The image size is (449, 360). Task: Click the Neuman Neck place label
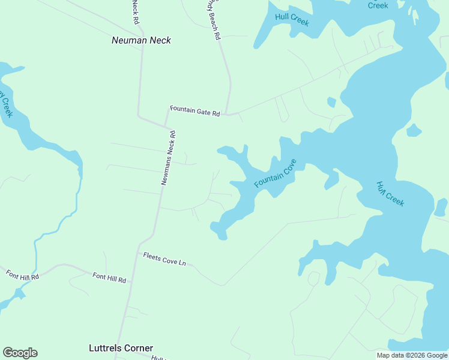pyautogui.click(x=141, y=40)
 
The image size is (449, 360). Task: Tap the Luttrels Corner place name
pyautogui.click(x=121, y=347)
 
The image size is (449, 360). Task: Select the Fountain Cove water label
pyautogui.click(x=275, y=173)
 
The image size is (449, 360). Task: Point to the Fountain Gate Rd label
pyautogui.click(x=195, y=111)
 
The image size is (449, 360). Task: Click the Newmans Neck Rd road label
pyautogui.click(x=168, y=158)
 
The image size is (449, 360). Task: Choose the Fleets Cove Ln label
pyautogui.click(x=164, y=259)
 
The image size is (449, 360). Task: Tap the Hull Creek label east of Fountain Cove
pyautogui.click(x=390, y=193)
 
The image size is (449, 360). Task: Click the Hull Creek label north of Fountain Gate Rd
pyautogui.click(x=292, y=19)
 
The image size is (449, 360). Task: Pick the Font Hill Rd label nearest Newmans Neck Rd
pyautogui.click(x=109, y=278)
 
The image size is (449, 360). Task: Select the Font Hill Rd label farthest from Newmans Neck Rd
pyautogui.click(x=23, y=274)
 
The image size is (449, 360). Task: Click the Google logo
pyautogui.click(x=20, y=353)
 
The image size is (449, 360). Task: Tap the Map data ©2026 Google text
pyautogui.click(x=412, y=355)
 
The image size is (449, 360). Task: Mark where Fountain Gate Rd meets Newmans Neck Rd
pyautogui.click(x=166, y=126)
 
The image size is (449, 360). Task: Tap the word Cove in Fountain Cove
pyautogui.click(x=286, y=166)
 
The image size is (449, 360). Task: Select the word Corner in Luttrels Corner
pyautogui.click(x=139, y=347)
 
